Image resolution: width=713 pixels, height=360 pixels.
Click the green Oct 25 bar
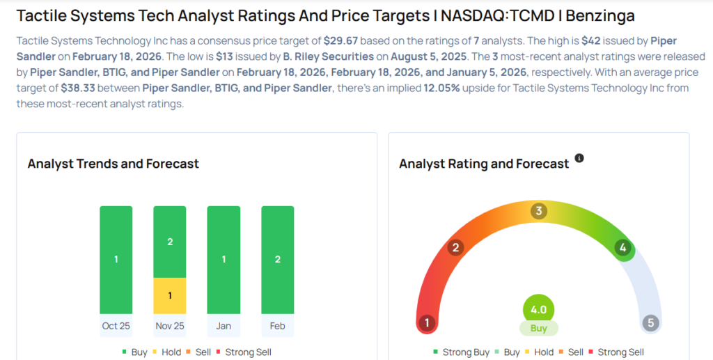116,259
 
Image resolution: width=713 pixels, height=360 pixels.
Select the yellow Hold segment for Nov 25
169,295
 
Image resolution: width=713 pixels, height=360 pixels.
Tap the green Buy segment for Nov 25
169,242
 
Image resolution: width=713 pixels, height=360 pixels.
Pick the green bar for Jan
223,259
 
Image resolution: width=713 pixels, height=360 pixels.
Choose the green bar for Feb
277,259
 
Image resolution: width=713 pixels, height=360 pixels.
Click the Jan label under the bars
223,325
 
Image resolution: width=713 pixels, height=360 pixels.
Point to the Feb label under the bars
277,325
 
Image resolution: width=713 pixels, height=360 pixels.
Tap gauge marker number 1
427,323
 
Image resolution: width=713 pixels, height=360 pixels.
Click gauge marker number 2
455,248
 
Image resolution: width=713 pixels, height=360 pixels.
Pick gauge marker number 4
622,248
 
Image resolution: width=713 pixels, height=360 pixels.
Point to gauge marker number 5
650,323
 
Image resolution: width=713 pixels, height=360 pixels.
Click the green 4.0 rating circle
539,310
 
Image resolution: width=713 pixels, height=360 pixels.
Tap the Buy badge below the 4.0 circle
539,328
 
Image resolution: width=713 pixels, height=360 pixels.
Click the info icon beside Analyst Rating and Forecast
579,159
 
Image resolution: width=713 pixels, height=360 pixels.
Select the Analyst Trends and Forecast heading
113,164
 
